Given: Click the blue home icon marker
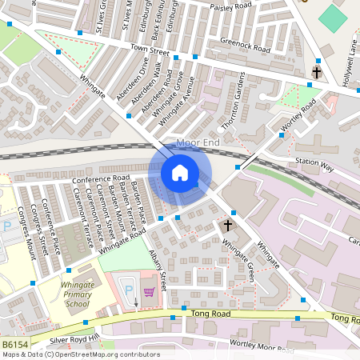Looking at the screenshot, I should click(x=179, y=173).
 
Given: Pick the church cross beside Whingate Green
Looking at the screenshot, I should click(x=227, y=226).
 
